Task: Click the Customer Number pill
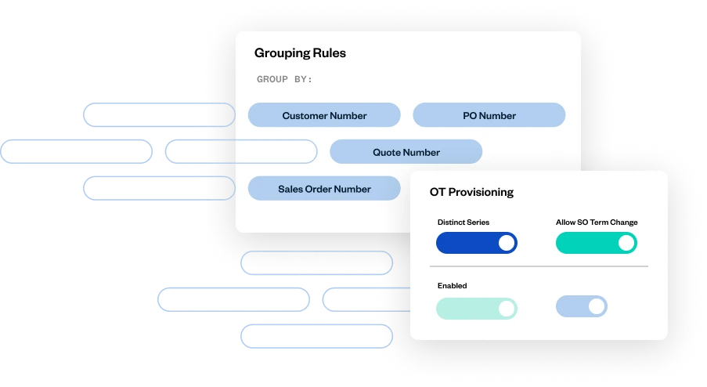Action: click(324, 115)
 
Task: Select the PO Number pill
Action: click(489, 115)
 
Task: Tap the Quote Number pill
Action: click(406, 152)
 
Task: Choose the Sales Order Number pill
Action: click(324, 189)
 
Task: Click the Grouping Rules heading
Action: click(300, 53)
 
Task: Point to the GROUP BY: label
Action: click(284, 79)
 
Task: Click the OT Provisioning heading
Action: click(471, 192)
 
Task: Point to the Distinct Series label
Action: click(463, 222)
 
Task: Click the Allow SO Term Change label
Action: click(597, 222)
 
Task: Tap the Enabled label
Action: click(452, 286)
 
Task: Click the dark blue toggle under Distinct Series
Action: click(477, 243)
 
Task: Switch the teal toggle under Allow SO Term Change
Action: click(596, 243)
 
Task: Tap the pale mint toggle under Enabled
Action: click(477, 309)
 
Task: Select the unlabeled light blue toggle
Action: click(582, 306)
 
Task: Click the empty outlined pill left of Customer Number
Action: click(159, 115)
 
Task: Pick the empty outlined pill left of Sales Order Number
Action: click(159, 188)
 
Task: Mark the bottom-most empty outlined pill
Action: click(316, 336)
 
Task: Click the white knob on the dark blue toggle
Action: click(507, 243)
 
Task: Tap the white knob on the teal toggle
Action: click(626, 243)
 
